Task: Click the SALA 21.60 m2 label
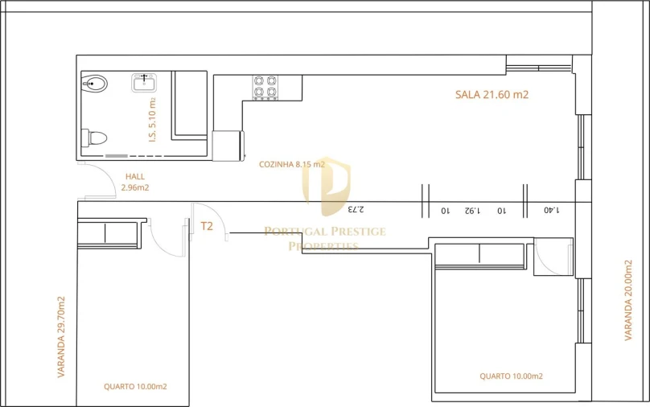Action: [x=492, y=94]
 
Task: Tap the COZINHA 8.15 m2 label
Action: [x=292, y=164]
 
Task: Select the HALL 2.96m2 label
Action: [x=135, y=182]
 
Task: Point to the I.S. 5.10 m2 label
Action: [x=152, y=118]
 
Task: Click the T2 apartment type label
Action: [x=207, y=226]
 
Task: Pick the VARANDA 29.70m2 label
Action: [x=61, y=337]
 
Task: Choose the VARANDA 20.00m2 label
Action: [x=628, y=299]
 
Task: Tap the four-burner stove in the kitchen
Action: [x=265, y=87]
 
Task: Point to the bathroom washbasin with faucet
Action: [x=146, y=82]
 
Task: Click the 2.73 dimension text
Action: [x=355, y=210]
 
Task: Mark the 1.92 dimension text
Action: [x=472, y=211]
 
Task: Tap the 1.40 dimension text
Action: [x=550, y=211]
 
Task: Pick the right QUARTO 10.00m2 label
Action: [x=511, y=376]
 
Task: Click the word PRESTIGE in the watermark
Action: [x=357, y=232]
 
